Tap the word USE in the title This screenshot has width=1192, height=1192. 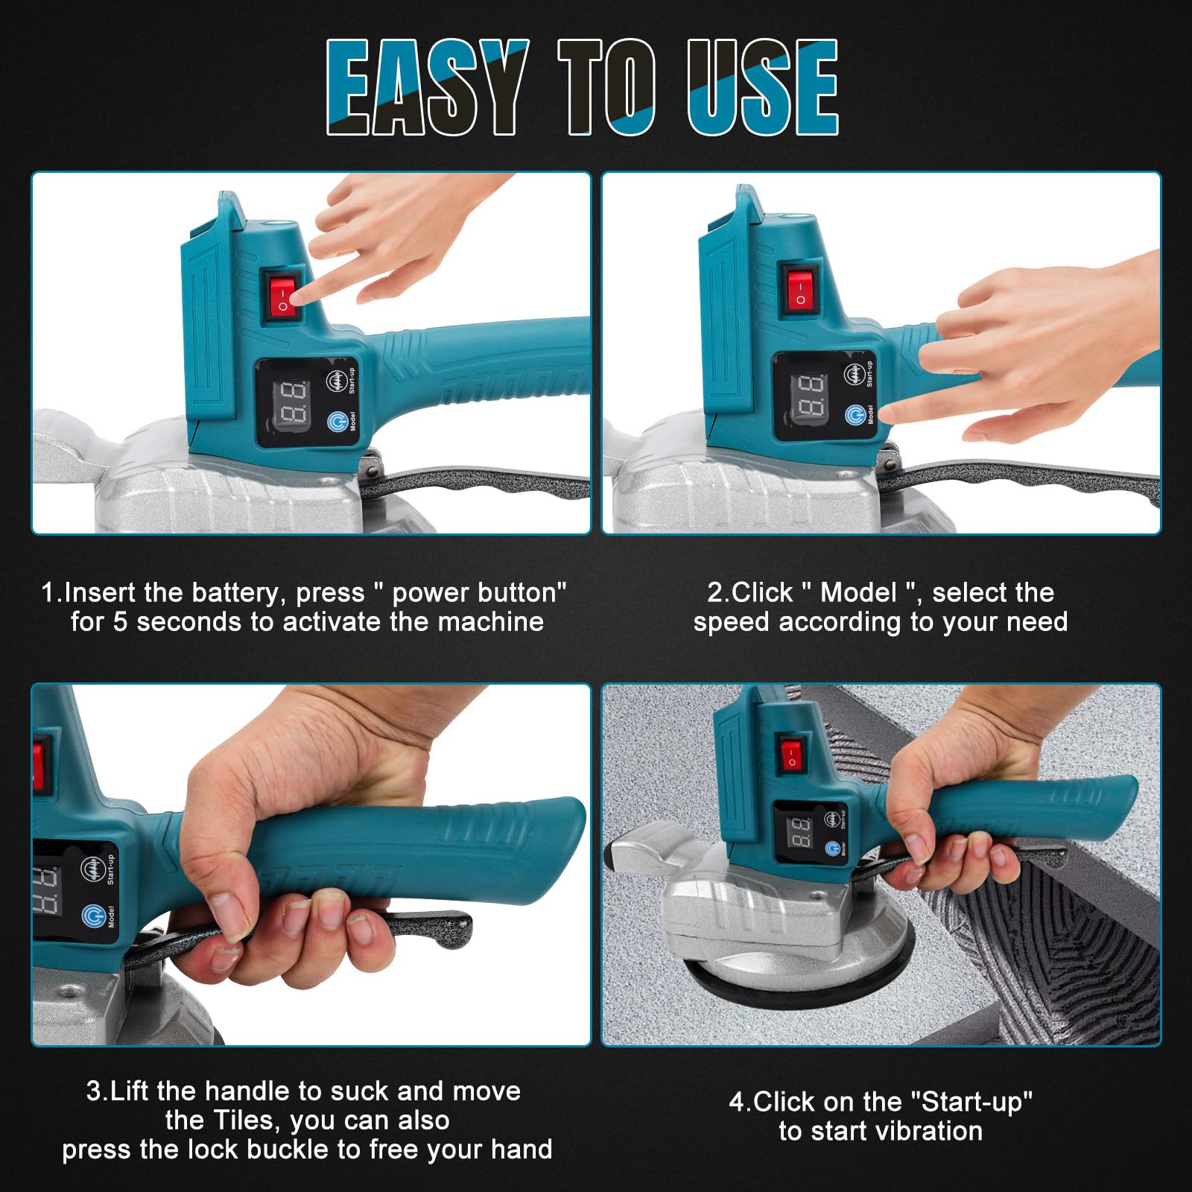(x=763, y=87)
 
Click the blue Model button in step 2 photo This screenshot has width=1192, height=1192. (x=855, y=415)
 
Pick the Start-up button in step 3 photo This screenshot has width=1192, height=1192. (x=91, y=869)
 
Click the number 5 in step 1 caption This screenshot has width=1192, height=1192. (x=120, y=622)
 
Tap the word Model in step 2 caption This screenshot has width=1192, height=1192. (x=858, y=593)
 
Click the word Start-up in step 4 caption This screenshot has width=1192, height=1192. (x=971, y=1102)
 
